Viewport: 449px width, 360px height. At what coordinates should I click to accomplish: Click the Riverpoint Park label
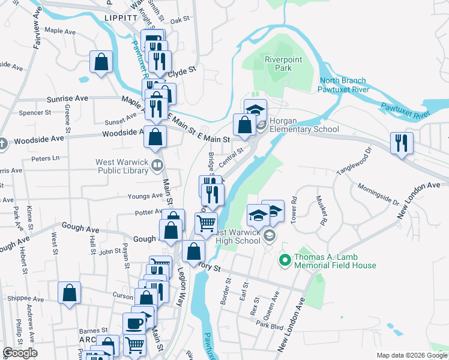tap(278, 64)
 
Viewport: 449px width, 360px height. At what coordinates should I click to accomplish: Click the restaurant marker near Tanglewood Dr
tap(400, 143)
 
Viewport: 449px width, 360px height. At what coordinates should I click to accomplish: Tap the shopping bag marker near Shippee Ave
tap(69, 293)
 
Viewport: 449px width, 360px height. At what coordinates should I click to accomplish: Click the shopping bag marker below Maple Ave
tap(101, 61)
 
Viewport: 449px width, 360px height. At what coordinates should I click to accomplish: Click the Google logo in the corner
tap(19, 353)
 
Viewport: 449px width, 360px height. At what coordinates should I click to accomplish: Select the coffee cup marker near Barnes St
tap(134, 323)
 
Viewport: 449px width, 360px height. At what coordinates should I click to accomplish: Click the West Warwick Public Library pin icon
tap(157, 164)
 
